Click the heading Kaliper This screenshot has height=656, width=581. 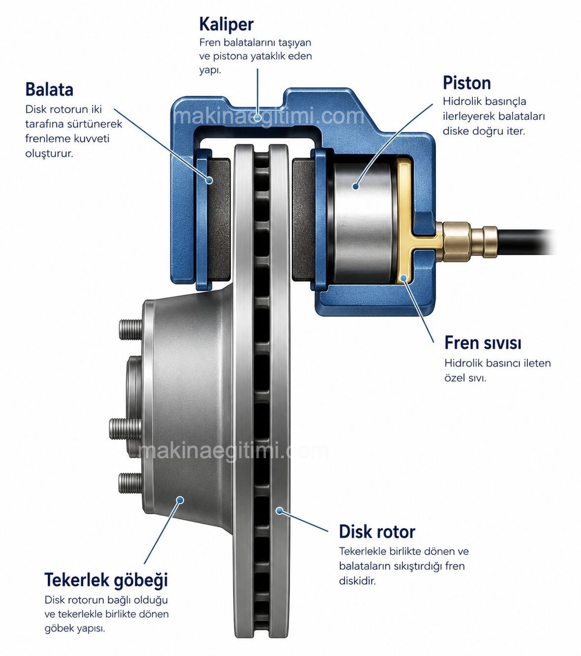click(226, 24)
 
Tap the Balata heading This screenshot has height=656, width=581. click(49, 89)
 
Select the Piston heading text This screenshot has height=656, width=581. click(467, 83)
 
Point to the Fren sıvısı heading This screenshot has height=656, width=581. click(483, 343)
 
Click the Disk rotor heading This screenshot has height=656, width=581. click(377, 532)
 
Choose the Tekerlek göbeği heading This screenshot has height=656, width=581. click(106, 580)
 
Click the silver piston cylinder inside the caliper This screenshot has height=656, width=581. click(362, 223)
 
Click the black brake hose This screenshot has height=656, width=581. click(525, 242)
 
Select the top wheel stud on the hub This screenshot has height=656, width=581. click(130, 329)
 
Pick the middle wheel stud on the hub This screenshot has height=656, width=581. click(125, 429)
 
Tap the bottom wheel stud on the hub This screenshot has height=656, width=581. click(130, 482)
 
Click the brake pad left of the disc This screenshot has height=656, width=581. click(219, 220)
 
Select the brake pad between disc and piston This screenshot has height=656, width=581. click(304, 220)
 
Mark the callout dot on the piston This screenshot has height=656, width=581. click(356, 187)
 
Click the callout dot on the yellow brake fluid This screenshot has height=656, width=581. click(404, 278)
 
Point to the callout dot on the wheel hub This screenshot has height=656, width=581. click(181, 500)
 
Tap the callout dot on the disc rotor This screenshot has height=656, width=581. click(279, 511)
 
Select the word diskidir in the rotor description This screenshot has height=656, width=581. click(357, 581)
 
